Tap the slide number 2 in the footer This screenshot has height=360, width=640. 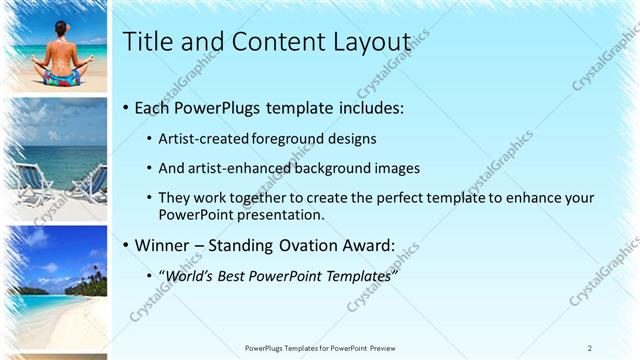[590, 348]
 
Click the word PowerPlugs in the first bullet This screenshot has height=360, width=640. [211, 107]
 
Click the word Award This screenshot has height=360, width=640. [366, 245]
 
